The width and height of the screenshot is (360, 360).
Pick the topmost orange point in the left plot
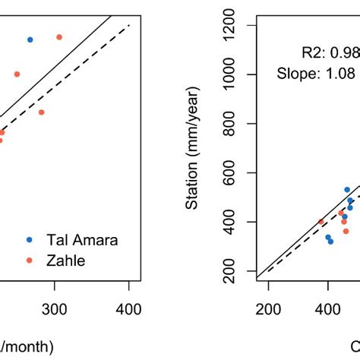tap(59, 37)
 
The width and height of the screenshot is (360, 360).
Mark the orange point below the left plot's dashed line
tap(42, 112)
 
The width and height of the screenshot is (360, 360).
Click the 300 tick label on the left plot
tap(54, 309)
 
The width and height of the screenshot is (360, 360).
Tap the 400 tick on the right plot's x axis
tap(328, 309)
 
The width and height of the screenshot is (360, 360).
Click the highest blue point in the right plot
tap(347, 190)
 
